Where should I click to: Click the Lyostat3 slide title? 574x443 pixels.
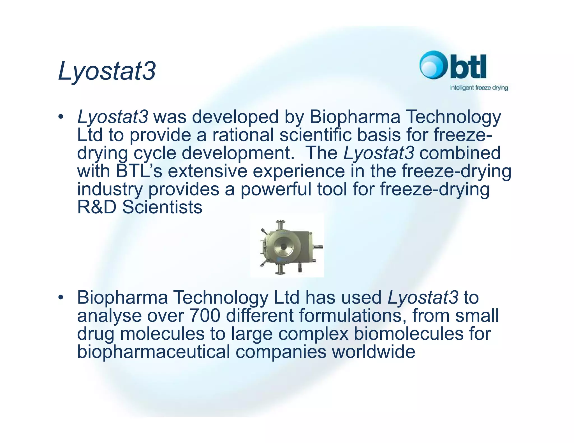(x=107, y=71)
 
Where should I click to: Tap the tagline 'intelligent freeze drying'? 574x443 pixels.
(x=479, y=88)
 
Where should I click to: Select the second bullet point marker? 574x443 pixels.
(x=60, y=297)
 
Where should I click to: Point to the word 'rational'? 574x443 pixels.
(x=243, y=135)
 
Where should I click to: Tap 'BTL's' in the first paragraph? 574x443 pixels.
(x=139, y=171)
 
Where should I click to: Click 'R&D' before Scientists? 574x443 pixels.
(x=96, y=207)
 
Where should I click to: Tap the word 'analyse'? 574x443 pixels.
(x=109, y=316)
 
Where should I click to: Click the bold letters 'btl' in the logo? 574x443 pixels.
(x=468, y=67)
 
